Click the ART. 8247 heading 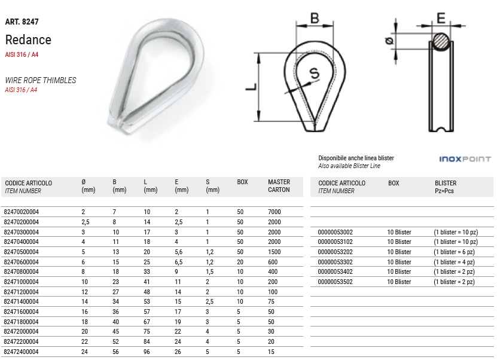pos(22,22)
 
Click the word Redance pos(28,40)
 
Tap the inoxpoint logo pos(465,159)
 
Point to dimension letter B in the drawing pos(315,18)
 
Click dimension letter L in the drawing pos(251,87)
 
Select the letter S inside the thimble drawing pos(315,73)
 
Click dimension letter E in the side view pos(441,18)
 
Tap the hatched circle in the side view pos(441,41)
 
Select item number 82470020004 pos(22,212)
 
